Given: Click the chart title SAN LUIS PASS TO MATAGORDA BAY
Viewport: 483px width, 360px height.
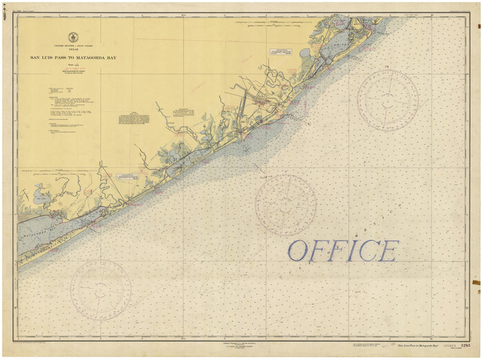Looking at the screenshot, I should click(x=73, y=58).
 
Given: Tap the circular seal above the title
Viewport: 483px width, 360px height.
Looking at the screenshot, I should click(x=73, y=37).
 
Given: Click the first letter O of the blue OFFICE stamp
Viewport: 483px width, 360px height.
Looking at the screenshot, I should click(x=298, y=251).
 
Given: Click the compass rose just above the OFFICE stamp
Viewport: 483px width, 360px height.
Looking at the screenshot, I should click(x=286, y=205).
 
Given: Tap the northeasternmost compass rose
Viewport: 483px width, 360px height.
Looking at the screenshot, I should click(x=388, y=99).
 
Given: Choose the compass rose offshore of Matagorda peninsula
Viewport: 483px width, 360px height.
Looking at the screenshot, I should click(x=100, y=290).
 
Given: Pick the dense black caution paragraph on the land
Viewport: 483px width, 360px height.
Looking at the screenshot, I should click(x=134, y=119).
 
